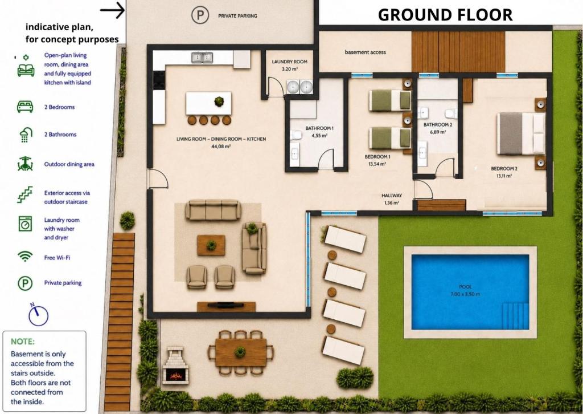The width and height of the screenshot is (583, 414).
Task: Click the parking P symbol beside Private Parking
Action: (200, 15)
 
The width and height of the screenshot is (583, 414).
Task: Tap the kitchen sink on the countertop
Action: (202, 58)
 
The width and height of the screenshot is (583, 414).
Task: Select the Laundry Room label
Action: (290, 62)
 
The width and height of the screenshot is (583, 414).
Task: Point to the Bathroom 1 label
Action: (319, 128)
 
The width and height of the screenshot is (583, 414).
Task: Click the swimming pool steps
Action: (515, 316)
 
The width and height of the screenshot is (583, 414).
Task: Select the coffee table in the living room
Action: (211, 245)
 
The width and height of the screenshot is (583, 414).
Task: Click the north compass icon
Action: (38, 315)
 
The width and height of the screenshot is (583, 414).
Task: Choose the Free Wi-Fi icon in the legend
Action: (25, 257)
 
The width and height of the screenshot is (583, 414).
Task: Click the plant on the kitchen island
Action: (219, 101)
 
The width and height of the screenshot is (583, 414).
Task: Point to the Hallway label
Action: (392, 196)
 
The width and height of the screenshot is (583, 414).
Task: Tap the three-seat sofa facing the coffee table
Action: (214, 210)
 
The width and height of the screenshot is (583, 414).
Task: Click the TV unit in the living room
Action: (226, 306)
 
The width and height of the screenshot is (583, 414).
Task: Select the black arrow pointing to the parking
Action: (112, 10)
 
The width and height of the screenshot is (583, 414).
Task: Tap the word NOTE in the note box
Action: (23, 342)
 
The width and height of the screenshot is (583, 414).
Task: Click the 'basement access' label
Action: (365, 52)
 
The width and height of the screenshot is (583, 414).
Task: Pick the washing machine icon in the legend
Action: (25, 224)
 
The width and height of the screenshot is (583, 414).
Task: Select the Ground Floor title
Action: (445, 15)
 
